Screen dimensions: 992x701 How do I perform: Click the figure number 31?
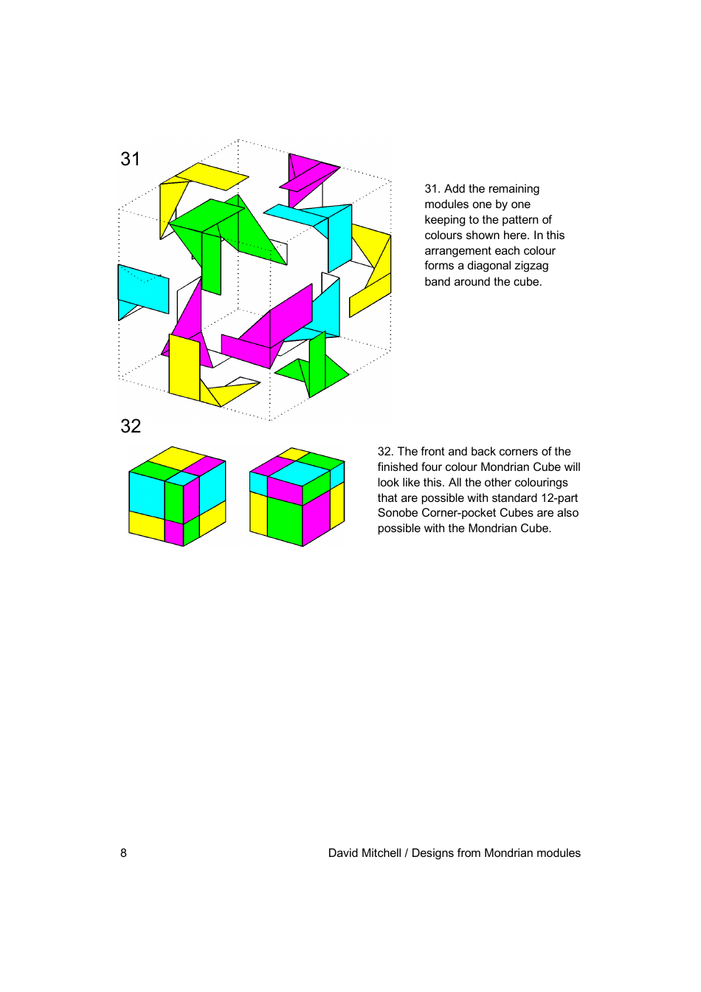tap(131, 159)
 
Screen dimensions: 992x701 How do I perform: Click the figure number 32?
tap(131, 426)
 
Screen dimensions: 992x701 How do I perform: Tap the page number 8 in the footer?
tap(123, 853)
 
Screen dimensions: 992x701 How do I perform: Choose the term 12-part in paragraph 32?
tap(559, 498)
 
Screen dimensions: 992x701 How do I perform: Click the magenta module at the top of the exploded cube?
tap(308, 175)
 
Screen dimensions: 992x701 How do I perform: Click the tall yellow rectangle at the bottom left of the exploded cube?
tap(184, 367)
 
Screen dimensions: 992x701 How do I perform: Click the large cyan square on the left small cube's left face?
tap(146, 494)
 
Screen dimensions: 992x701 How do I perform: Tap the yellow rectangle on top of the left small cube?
tap(176, 458)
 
